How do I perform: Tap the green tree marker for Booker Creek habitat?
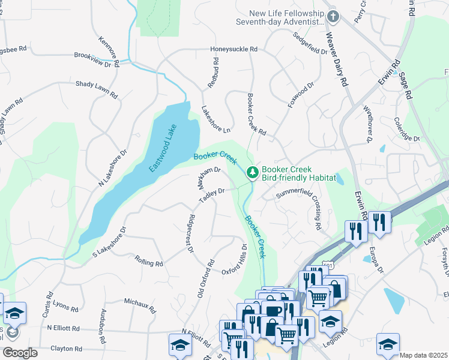(x=253, y=173)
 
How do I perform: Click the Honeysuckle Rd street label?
(x=234, y=49)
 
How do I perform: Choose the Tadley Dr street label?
(x=212, y=196)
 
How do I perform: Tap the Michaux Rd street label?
(x=139, y=305)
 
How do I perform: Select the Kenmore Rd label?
(x=113, y=48)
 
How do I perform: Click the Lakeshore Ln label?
(x=216, y=119)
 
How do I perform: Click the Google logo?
(x=20, y=353)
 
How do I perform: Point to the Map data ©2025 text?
(x=423, y=355)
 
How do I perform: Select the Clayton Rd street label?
(x=66, y=349)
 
